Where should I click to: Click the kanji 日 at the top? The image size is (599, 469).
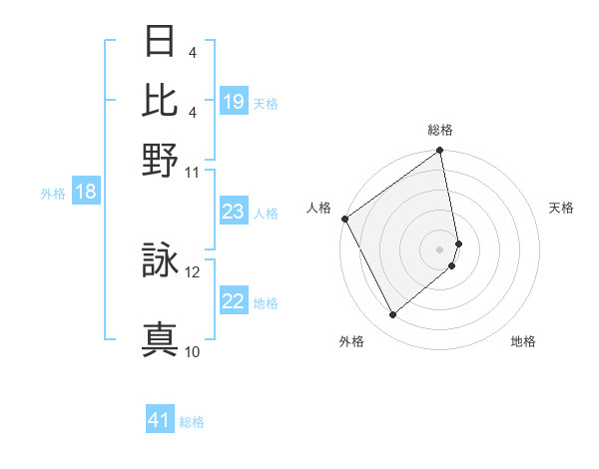coord(160,43)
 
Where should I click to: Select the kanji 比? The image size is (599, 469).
coord(160,100)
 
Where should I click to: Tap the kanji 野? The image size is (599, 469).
coord(160,157)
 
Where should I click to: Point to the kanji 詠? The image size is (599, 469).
coord(160,260)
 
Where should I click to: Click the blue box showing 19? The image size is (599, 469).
coord(234,102)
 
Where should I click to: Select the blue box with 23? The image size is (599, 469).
coord(234,212)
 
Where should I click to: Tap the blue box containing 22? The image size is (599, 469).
coord(234,301)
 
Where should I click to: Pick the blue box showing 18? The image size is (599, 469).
coord(86,192)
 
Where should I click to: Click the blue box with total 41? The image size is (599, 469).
coord(160,420)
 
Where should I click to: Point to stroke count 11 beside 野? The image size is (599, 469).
coord(193,171)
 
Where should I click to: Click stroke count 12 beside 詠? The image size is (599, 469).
coord(193,270)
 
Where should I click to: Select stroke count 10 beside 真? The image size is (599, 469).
coord(193,351)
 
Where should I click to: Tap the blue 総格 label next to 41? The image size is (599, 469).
coord(192,422)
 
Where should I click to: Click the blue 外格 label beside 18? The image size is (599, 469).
coord(52,194)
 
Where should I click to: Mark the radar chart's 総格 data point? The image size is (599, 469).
coord(439,152)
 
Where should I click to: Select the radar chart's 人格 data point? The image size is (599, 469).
coord(344,219)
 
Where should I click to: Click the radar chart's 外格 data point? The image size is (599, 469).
coord(392,315)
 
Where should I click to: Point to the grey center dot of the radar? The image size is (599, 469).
coord(440,248)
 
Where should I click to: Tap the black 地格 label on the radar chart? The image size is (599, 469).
coord(523,342)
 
